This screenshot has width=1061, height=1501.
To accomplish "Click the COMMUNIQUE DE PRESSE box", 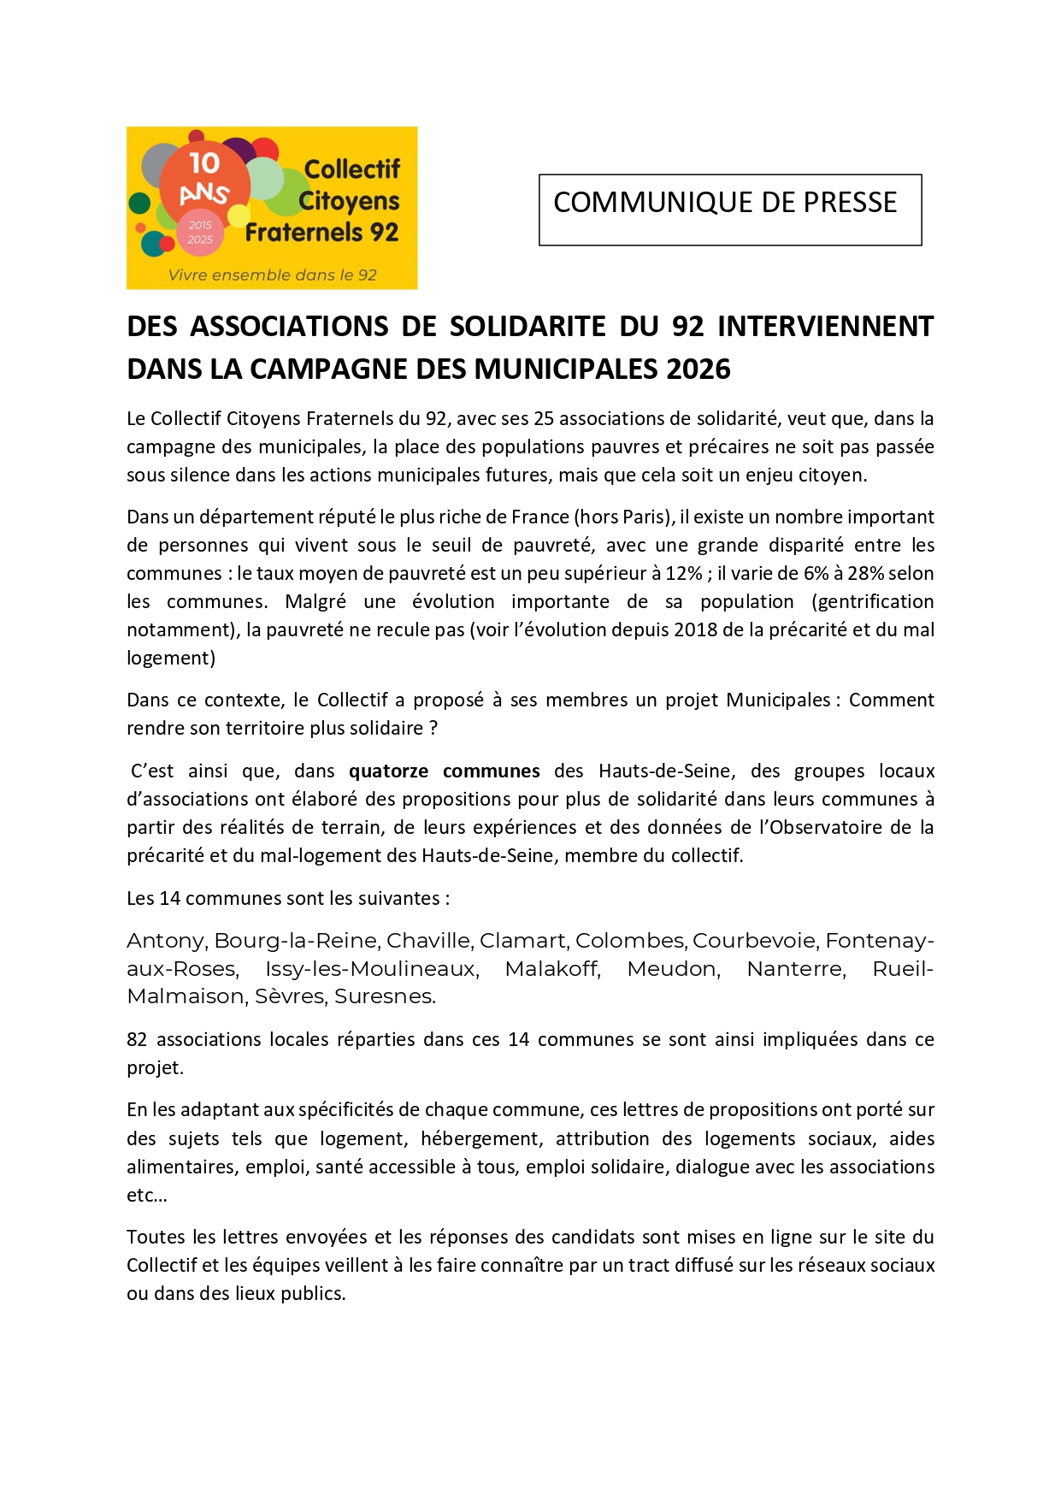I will pos(729,210).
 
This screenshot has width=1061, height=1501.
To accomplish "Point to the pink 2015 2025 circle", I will pos(200,233).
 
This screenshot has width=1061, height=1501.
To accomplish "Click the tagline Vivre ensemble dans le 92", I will pos(272,275).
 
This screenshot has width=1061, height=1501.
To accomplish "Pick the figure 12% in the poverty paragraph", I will pos(684,574).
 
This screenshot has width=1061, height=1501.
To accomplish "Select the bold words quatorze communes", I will pos(444,771).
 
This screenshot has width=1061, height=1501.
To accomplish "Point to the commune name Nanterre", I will pos(796,969).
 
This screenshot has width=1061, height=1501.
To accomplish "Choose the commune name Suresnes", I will pos(385,996).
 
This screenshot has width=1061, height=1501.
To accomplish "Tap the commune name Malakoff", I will pos(552,969).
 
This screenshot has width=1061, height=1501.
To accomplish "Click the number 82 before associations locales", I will pos(137,1040).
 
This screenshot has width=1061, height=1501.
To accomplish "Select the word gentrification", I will pos(872,602).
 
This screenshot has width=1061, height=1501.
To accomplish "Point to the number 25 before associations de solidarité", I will pos(545,419).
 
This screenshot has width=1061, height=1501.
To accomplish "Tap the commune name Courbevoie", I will pos(753,941).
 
